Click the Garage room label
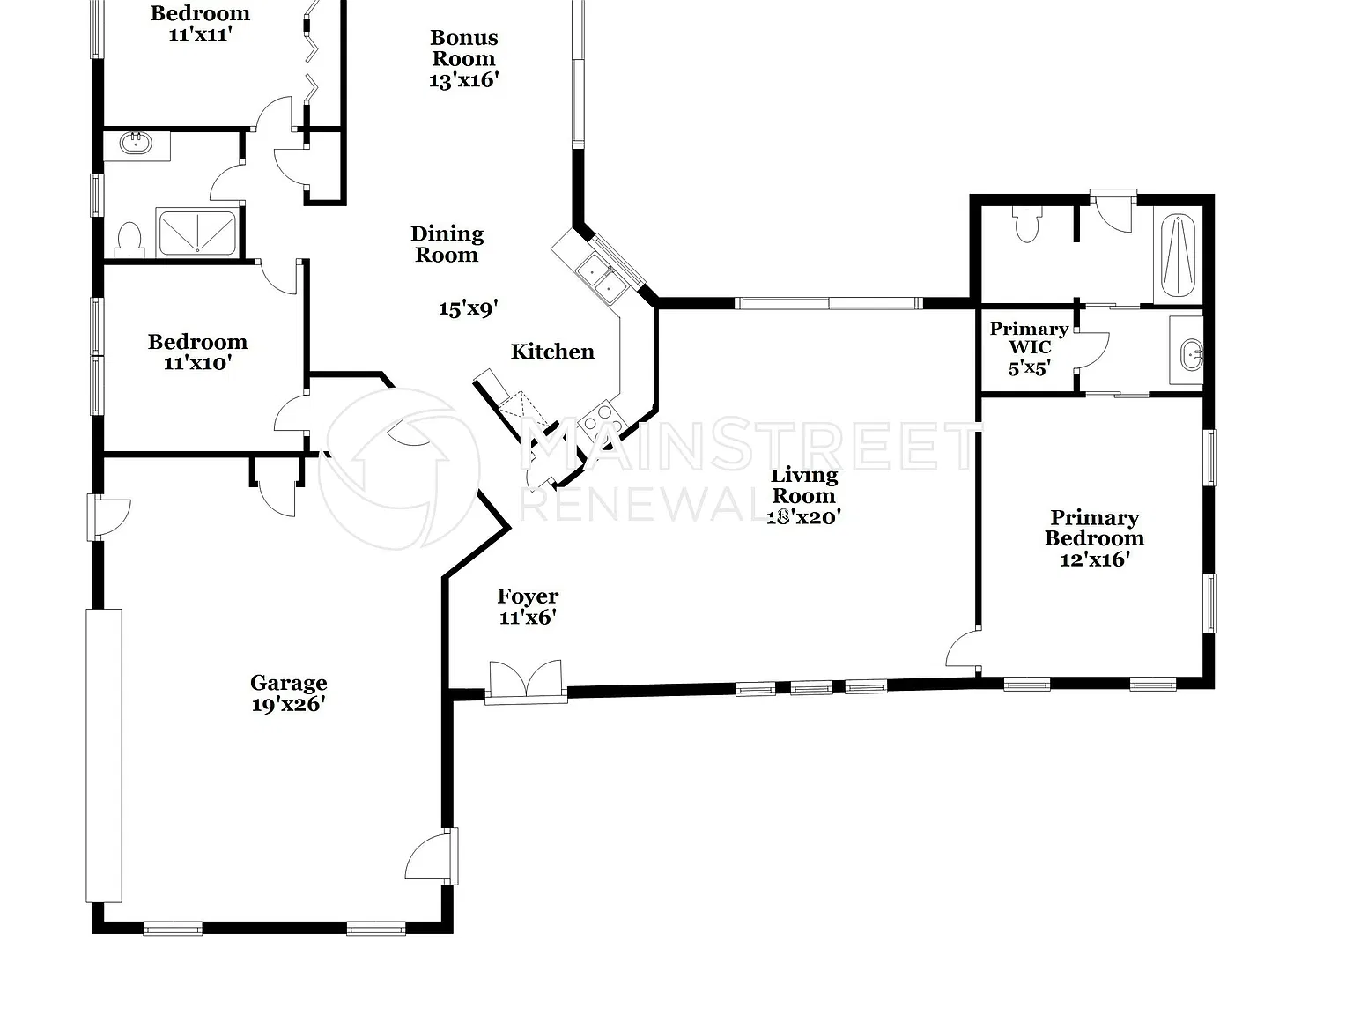click(x=288, y=683)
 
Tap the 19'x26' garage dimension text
click(x=288, y=704)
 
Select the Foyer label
click(x=528, y=596)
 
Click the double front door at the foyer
click(x=526, y=682)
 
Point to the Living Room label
click(x=804, y=485)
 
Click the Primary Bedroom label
click(x=1094, y=528)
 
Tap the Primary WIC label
click(x=1029, y=337)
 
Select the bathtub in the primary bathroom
click(x=1178, y=256)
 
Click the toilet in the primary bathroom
click(x=1027, y=225)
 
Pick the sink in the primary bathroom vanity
click(x=1191, y=354)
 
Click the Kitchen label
click(x=552, y=352)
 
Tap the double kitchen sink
click(x=602, y=278)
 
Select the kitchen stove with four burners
click(x=603, y=419)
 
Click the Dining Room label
click(x=447, y=244)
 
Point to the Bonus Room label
click(x=463, y=48)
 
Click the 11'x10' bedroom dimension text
click(x=197, y=363)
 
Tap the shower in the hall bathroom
click(x=197, y=233)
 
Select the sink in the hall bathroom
click(x=136, y=144)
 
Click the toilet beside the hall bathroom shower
click(x=129, y=241)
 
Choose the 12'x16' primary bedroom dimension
click(x=1095, y=559)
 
